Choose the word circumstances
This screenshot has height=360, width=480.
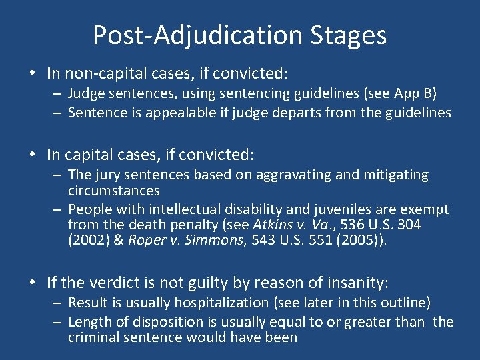(x=113, y=191)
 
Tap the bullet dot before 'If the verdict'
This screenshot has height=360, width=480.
(x=33, y=283)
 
